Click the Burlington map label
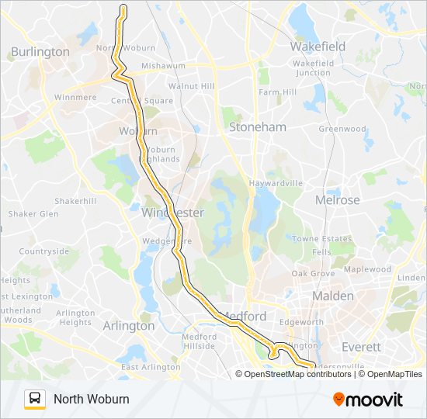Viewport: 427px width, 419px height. pos(40,52)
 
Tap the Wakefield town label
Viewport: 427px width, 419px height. pos(318,47)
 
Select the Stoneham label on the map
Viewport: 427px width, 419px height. pos(257,126)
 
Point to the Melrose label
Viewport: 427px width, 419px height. pos(337,199)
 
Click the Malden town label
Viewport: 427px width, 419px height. pos(332,296)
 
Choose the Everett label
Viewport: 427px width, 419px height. pos(361,347)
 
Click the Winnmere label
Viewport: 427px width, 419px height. pos(75,98)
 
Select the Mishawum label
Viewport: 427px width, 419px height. pos(164,66)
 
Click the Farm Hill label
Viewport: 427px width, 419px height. pos(278,92)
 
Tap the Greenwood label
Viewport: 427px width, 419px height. pos(342,129)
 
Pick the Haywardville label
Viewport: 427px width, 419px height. pos(276,183)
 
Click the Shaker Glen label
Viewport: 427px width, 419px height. pos(33,213)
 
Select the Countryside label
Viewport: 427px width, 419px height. pos(44,251)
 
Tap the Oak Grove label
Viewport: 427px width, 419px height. pos(312,274)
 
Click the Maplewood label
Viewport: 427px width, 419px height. pos(368,269)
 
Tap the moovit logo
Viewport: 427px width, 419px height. pos(368,399)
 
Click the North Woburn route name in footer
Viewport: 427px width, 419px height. pos(92,399)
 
